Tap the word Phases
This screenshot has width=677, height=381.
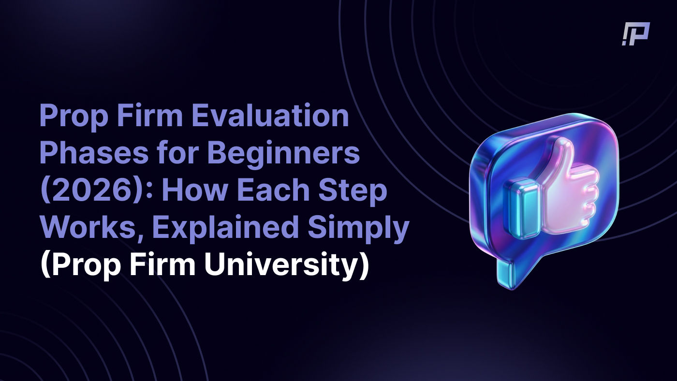[x=94, y=152]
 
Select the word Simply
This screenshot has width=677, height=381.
[x=358, y=229]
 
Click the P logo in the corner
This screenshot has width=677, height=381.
[x=636, y=34]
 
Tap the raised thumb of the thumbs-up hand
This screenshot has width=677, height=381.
[x=563, y=160]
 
